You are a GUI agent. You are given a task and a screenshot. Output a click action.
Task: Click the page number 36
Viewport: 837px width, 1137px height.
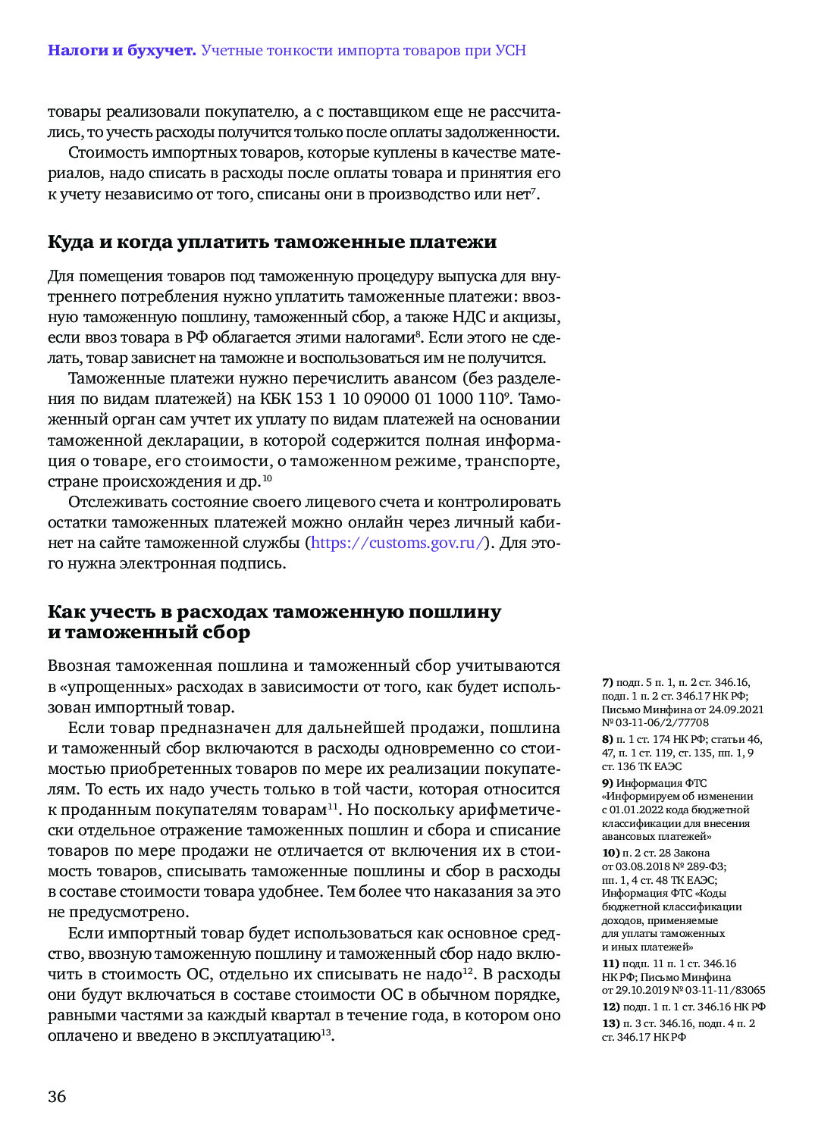point(57,1097)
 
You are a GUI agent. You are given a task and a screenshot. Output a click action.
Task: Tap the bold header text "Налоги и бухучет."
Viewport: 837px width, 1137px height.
point(121,51)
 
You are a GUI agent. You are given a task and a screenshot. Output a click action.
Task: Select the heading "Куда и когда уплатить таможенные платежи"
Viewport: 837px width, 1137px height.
point(272,243)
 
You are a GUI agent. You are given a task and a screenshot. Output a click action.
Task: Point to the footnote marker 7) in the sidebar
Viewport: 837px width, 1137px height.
point(607,683)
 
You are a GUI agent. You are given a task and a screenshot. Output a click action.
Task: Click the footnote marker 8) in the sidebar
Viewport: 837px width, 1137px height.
point(607,740)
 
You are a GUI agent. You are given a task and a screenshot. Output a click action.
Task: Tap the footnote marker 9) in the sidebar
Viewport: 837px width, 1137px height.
point(607,783)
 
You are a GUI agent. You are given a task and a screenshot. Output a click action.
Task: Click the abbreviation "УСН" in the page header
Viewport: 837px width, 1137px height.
point(510,51)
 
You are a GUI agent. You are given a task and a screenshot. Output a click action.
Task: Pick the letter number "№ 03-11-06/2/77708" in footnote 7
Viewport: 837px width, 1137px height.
point(656,723)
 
